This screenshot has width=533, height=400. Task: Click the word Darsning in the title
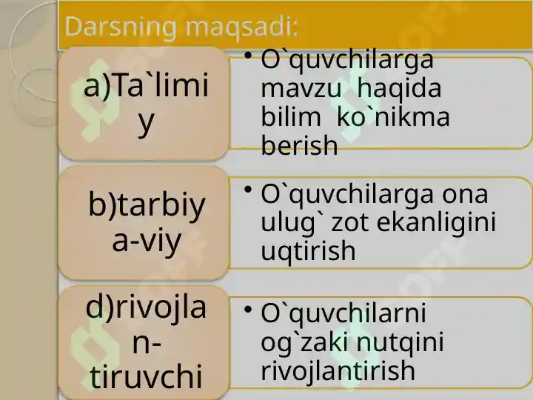tap(121, 27)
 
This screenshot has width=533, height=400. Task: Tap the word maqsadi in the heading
tap(241, 27)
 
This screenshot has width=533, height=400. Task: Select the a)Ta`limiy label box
tap(144, 104)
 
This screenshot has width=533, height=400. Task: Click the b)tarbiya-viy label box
tap(144, 223)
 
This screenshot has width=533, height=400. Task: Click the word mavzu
tap(301, 88)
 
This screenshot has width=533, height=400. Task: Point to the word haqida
tap(400, 89)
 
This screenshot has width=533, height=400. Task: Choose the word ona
tap(465, 195)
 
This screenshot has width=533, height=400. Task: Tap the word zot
tap(349, 224)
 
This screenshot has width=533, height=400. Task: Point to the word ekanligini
tap(436, 224)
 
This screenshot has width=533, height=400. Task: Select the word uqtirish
tap(308, 251)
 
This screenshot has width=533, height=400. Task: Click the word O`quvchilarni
tap(343, 313)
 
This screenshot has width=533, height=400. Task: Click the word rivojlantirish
tap(338, 370)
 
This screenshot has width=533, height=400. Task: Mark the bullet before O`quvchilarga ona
tap(248, 190)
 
